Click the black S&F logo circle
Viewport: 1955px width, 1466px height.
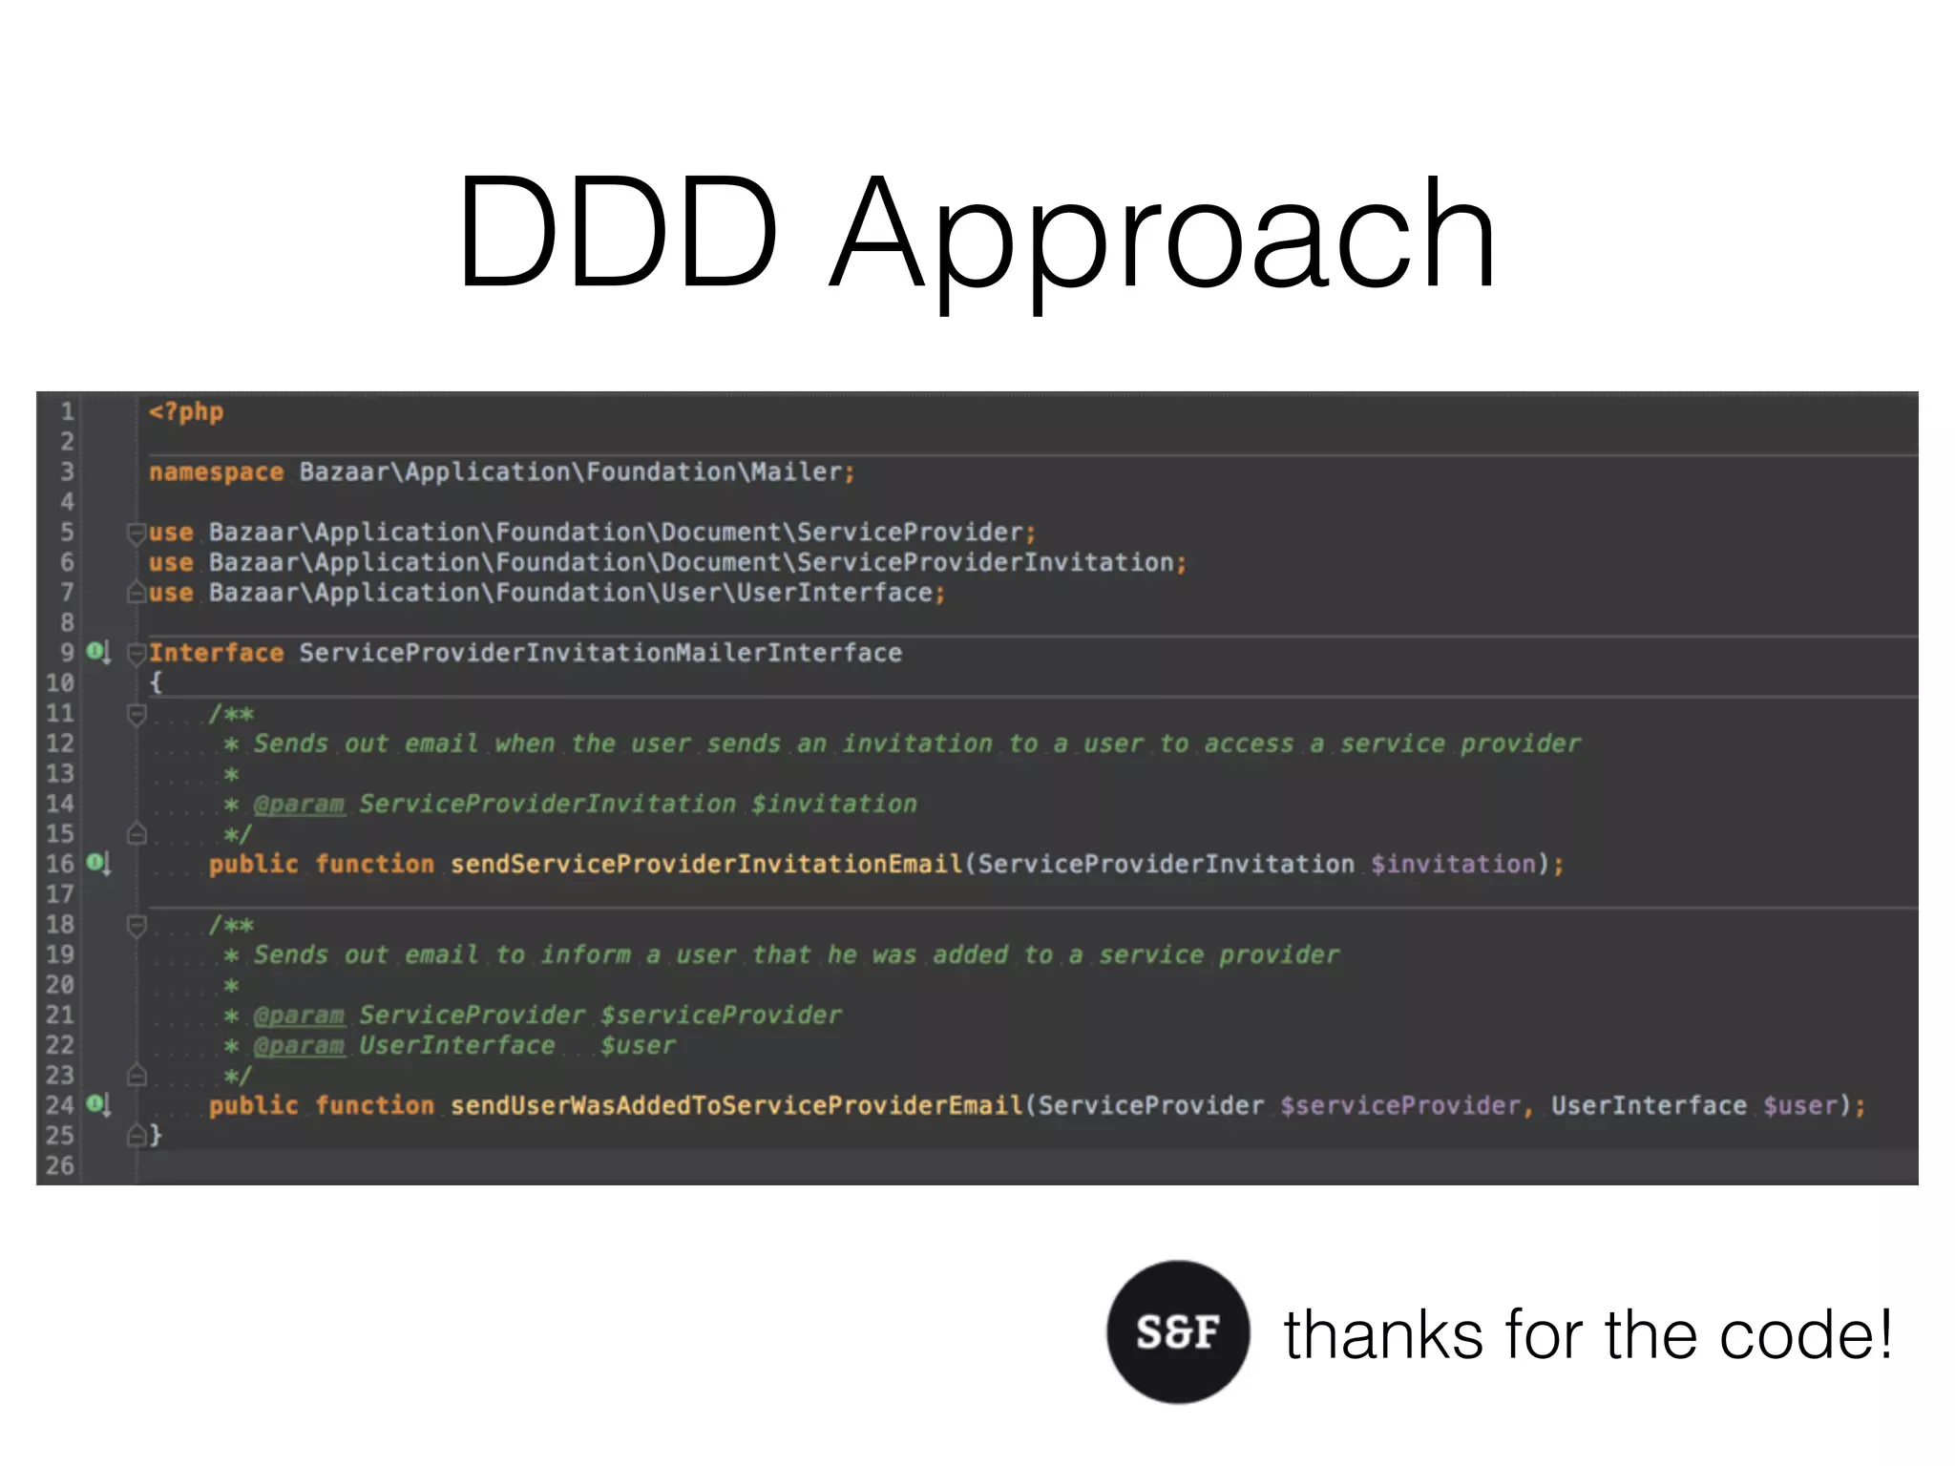point(1178,1331)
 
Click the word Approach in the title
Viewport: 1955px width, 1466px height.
point(1163,234)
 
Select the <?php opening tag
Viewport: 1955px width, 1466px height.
point(186,412)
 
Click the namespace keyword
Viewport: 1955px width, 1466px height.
point(217,472)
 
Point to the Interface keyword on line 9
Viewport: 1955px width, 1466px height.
point(217,653)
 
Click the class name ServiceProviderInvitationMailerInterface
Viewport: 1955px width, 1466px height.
point(600,653)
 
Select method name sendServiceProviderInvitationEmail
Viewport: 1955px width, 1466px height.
point(706,865)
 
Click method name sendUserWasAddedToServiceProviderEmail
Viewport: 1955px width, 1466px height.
point(736,1105)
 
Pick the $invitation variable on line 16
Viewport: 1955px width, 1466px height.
point(1453,865)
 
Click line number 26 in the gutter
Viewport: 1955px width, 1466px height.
point(59,1165)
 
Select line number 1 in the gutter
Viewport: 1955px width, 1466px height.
point(67,412)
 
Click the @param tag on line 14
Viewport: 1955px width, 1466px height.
point(299,805)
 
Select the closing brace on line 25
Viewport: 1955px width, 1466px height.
point(156,1135)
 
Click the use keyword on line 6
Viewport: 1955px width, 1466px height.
point(171,563)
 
